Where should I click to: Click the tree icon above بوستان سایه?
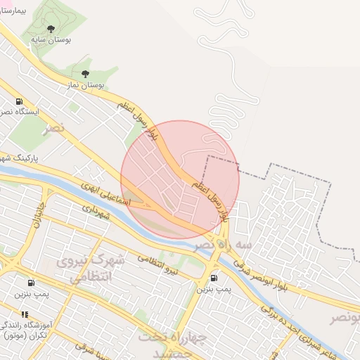[x=50, y=28]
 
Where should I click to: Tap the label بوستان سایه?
[x=50, y=40]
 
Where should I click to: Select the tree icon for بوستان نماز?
[x=85, y=73]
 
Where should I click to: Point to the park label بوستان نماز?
[x=85, y=84]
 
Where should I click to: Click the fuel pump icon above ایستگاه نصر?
[x=18, y=101]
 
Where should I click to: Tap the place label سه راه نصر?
[x=217, y=244]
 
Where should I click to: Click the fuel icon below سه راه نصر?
[x=213, y=277]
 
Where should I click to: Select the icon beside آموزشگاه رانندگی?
[x=25, y=314]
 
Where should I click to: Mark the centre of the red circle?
[x=180, y=179]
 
